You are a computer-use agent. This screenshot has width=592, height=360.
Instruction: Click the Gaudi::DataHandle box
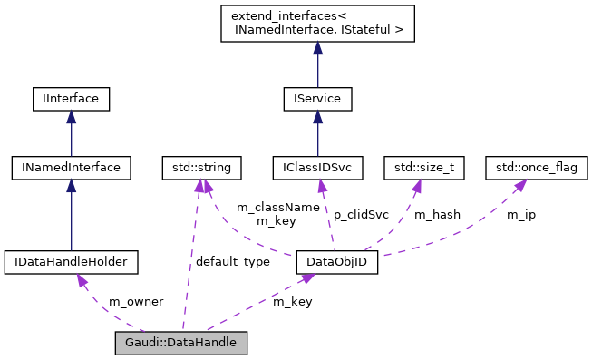pos(181,343)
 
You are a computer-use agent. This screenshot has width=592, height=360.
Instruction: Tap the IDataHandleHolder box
pos(71,263)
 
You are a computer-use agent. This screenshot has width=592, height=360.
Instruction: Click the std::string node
pos(197,167)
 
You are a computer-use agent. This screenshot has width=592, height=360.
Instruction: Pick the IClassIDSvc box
pos(317,167)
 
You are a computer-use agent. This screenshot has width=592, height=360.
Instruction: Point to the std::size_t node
pos(424,167)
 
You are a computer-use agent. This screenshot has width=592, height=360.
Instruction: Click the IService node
pos(317,97)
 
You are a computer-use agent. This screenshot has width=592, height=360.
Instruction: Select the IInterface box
pos(71,97)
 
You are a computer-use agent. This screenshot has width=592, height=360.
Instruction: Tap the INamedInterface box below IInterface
pos(71,167)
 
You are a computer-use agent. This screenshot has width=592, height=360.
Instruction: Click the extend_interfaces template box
pos(317,24)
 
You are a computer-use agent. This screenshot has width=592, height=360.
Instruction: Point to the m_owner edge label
pos(136,301)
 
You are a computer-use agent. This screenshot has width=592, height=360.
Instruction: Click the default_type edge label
pos(232,261)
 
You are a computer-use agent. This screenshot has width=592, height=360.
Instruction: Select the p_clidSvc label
pos(362,214)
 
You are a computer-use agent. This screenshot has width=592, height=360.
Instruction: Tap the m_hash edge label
pos(437,214)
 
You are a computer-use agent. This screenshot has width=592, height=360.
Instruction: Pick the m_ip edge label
pos(520,214)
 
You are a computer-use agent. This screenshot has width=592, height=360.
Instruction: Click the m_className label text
pos(277,207)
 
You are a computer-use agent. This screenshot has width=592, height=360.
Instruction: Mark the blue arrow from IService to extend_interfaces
pos(317,64)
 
